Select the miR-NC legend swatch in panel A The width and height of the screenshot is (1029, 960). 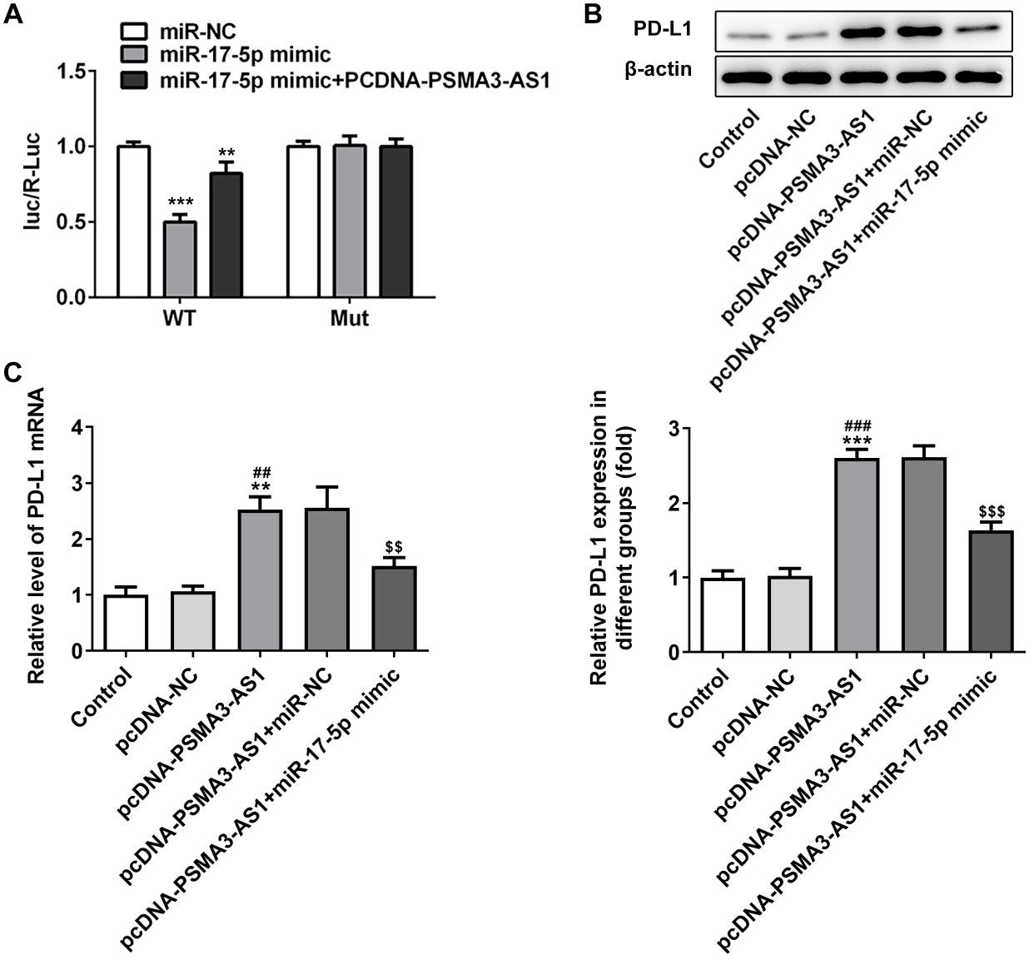coord(133,32)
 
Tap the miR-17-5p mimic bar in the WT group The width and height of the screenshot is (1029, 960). coord(179,259)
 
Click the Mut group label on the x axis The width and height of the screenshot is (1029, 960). coord(349,319)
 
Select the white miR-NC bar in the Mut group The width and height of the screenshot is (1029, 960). coord(303,221)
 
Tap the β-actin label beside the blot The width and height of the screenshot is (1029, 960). coord(659,69)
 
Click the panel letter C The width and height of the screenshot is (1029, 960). coord(12,372)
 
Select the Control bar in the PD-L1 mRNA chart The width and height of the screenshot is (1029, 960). coord(127,623)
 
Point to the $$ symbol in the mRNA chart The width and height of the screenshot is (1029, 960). coord(394,547)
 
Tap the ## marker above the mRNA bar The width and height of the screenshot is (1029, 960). coord(261,473)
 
